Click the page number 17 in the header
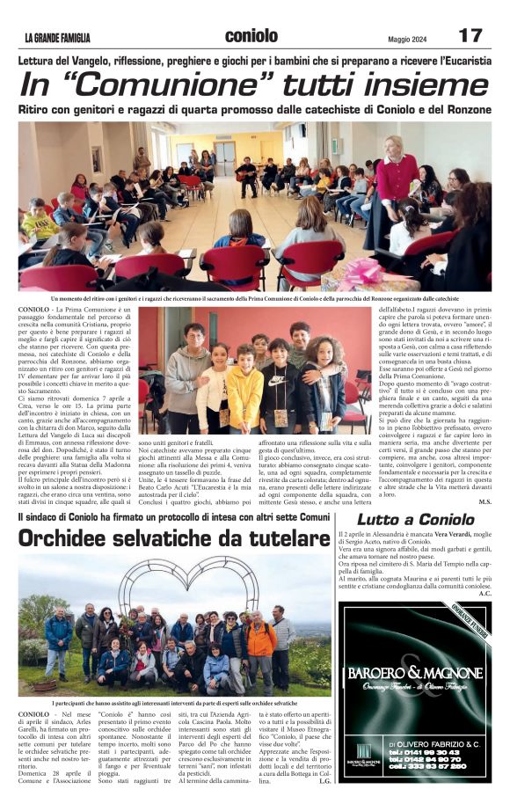470,35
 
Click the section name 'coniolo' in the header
251,35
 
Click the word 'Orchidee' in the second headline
75,538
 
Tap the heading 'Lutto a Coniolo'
415,519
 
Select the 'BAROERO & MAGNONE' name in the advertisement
414,673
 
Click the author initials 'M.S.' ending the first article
484,502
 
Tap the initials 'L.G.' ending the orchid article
324,780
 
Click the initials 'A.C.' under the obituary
485,594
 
